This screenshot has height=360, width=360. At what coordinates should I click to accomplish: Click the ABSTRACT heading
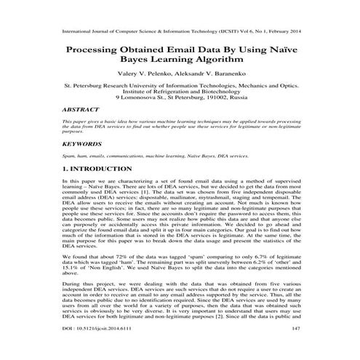click(x=81, y=106)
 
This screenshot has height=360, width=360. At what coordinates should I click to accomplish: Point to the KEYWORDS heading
click(x=83, y=144)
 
